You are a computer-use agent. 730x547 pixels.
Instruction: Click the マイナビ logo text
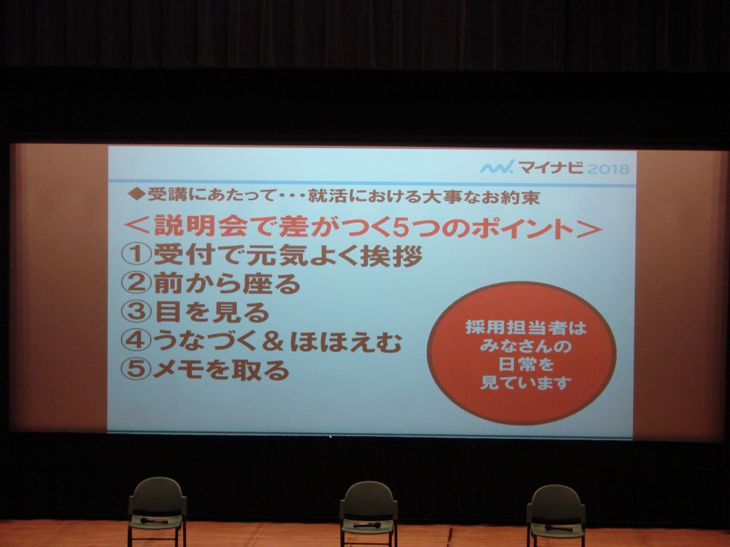551,167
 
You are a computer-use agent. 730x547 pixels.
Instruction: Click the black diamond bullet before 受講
136,194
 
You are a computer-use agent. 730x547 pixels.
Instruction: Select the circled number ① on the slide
136,255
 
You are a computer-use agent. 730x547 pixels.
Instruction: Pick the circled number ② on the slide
136,283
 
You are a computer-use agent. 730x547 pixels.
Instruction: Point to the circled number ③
136,312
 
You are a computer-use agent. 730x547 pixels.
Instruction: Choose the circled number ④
136,340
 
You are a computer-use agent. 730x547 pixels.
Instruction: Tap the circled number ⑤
136,370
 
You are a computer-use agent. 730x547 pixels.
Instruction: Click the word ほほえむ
346,343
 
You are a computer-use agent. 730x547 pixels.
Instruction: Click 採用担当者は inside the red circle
525,328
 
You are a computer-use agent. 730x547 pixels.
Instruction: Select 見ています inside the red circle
525,383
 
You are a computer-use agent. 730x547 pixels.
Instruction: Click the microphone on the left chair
154,520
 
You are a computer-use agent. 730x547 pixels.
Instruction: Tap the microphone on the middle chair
367,525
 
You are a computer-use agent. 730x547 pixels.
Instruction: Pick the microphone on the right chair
559,528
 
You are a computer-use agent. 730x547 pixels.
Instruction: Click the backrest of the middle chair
369,498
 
